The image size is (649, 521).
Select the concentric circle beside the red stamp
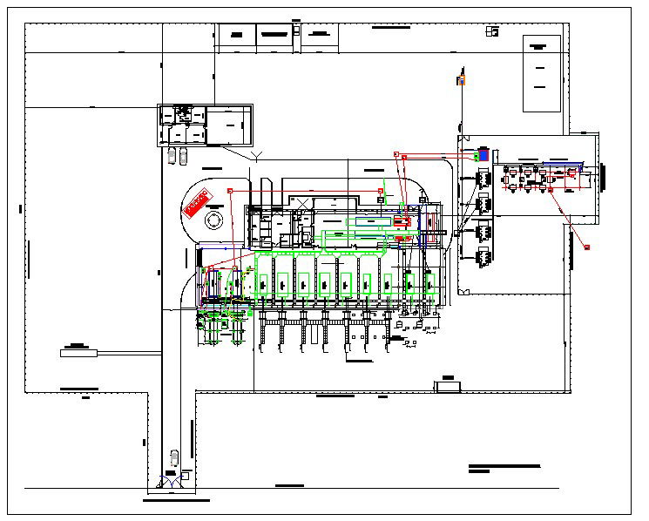tap(213, 220)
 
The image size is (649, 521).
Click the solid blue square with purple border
tap(483, 155)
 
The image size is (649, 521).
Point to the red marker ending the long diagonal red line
tap(587, 247)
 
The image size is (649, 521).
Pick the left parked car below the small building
tap(172, 156)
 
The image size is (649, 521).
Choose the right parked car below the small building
tap(182, 156)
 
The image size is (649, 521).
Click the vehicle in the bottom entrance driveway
tap(174, 457)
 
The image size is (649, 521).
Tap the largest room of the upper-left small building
tap(228, 125)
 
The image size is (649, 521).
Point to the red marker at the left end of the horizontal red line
tap(230, 190)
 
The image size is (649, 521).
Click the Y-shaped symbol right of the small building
tap(256, 156)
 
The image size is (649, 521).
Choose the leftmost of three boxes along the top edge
tap(235, 34)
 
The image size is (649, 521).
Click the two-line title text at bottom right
tap(503, 468)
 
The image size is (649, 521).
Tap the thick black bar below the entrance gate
tap(176, 501)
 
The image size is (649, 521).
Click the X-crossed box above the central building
tap(301, 203)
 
